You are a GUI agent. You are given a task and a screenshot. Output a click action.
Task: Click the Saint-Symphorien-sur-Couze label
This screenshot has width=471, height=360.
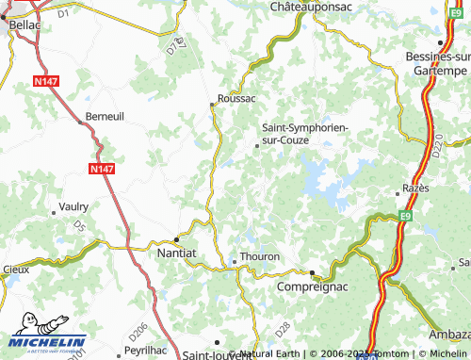pyautogui.click(x=298, y=134)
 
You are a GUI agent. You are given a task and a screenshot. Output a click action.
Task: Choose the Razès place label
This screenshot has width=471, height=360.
pyautogui.click(x=414, y=188)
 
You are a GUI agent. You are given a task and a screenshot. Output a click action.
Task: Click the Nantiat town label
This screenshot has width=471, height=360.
pyautogui.click(x=176, y=254)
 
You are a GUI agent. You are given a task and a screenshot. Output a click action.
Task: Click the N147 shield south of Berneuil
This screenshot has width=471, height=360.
pyautogui.click(x=104, y=168)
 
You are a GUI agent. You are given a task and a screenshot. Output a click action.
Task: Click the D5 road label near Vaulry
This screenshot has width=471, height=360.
pyautogui.click(x=79, y=227)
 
